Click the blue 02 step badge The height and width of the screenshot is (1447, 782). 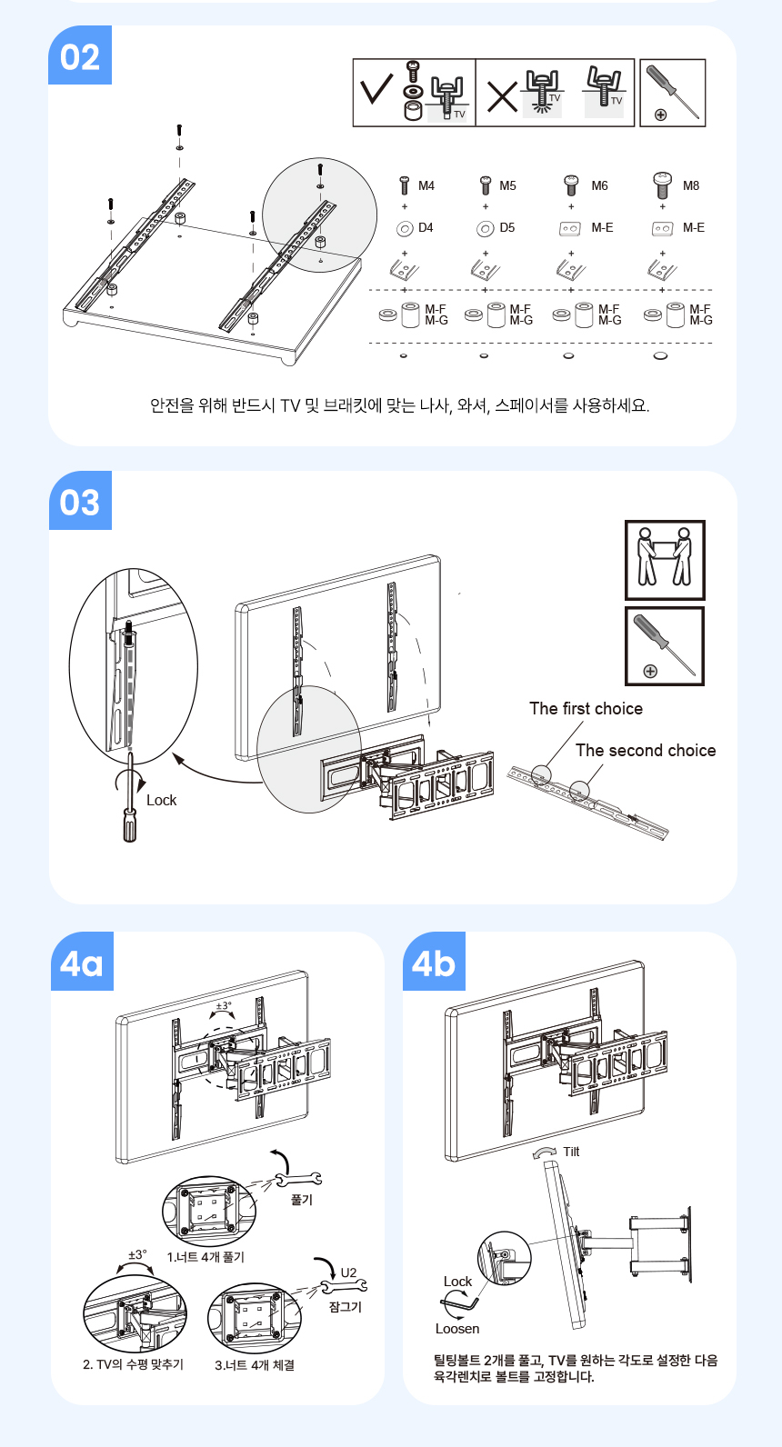(79, 55)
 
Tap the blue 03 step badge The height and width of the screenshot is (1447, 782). (80, 501)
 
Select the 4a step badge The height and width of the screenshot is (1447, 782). (82, 962)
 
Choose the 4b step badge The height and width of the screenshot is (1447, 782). (434, 962)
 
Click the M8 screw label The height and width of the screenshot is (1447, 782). (691, 186)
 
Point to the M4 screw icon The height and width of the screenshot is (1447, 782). (406, 185)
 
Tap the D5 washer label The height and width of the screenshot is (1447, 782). (507, 228)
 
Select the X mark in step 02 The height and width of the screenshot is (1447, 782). (502, 97)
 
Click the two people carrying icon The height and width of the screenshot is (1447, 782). (665, 560)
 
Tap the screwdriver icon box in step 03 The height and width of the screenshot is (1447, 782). (665, 646)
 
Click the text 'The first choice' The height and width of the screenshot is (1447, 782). (586, 709)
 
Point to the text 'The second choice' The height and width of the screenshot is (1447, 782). (646, 751)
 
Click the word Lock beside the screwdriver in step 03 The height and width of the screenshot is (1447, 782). (162, 801)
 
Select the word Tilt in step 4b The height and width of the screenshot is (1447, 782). (571, 1152)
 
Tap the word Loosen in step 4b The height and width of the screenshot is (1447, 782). (457, 1329)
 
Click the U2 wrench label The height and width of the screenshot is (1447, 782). (348, 1272)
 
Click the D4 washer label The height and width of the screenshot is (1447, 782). (426, 228)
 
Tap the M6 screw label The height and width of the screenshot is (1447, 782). (600, 186)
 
